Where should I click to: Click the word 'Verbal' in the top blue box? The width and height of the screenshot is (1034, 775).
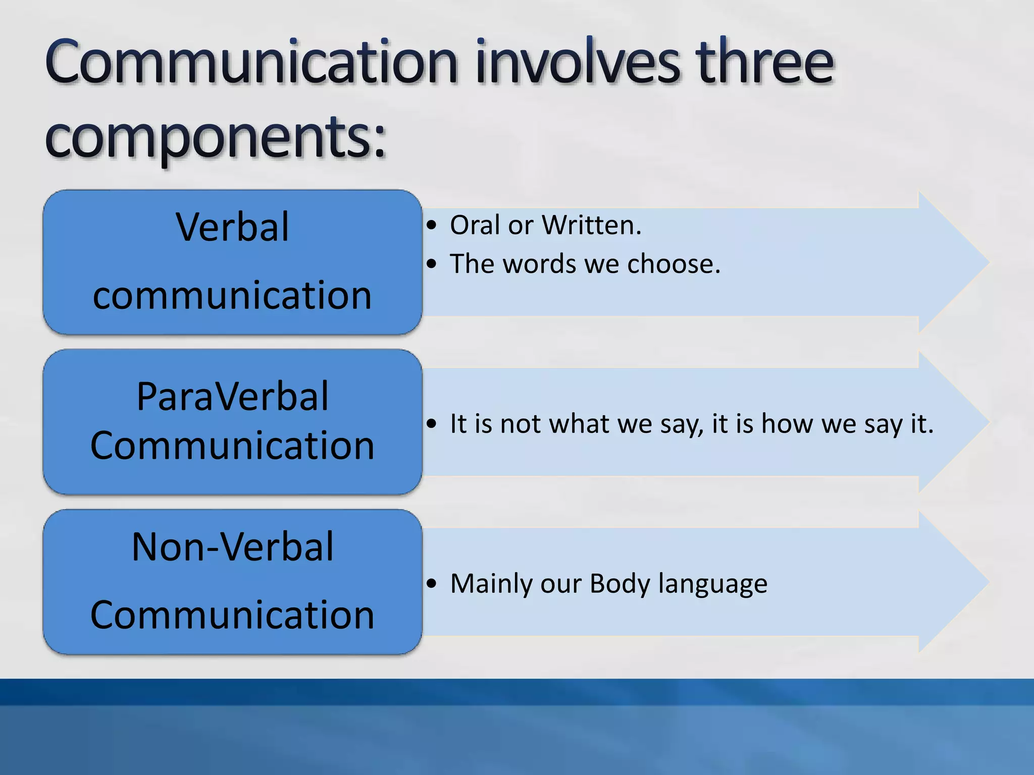(232, 228)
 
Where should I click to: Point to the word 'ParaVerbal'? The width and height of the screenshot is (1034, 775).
(232, 397)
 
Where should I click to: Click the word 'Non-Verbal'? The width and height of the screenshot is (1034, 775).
(232, 547)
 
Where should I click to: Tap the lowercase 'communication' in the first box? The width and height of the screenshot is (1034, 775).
(232, 296)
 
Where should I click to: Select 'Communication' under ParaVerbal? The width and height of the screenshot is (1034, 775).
(232, 446)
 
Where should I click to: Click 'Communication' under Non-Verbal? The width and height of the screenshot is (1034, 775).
(232, 615)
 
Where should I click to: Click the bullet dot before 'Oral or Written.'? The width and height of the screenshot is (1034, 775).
(431, 226)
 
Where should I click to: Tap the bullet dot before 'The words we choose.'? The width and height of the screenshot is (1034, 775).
(431, 264)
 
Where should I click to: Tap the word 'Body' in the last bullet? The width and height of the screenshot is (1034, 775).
(619, 584)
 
